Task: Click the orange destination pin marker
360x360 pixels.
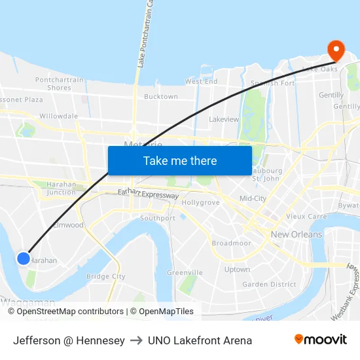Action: pyautogui.click(x=336, y=50)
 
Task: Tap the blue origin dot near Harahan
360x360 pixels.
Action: pyautogui.click(x=24, y=259)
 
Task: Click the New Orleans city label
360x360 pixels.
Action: pyautogui.click(x=297, y=234)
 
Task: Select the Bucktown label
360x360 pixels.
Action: pyautogui.click(x=160, y=96)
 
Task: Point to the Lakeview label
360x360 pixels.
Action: pyautogui.click(x=224, y=120)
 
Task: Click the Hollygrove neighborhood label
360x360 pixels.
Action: pyautogui.click(x=200, y=203)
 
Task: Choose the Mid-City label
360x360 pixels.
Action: pyautogui.click(x=253, y=198)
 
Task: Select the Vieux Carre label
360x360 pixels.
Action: pyautogui.click(x=307, y=216)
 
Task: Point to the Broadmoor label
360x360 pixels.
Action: pyautogui.click(x=232, y=243)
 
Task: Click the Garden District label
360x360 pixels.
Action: pyautogui.click(x=269, y=285)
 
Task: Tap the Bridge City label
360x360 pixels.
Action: pyautogui.click(x=106, y=277)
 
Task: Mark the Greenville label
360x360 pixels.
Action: pyautogui.click(x=185, y=272)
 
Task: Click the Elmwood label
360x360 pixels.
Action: pyautogui.click(x=69, y=225)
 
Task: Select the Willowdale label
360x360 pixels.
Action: pyautogui.click(x=58, y=116)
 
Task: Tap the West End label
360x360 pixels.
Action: pyautogui.click(x=201, y=82)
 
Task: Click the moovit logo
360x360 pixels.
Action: pyautogui.click(x=320, y=340)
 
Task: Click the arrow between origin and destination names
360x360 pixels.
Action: pyautogui.click(x=136, y=340)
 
